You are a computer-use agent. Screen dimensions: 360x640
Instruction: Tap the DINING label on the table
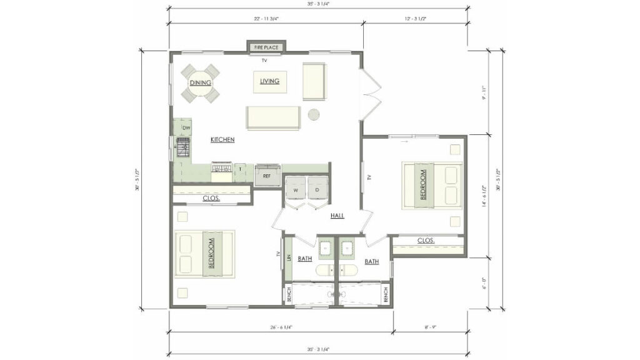201,82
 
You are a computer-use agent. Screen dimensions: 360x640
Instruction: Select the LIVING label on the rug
269,81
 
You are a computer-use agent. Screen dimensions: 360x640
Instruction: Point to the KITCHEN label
222,139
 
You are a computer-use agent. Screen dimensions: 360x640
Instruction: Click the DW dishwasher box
186,128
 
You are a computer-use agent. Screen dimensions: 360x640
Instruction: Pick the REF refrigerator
267,176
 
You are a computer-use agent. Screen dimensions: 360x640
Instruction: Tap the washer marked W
296,190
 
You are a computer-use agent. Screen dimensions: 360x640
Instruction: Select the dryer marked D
317,190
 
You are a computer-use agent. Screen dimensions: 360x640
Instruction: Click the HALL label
338,216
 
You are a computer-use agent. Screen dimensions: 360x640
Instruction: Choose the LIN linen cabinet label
289,257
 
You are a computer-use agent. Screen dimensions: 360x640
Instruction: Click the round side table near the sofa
314,114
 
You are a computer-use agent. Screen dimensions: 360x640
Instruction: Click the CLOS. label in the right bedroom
426,240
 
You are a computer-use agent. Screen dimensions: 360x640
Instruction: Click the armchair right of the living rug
314,81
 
